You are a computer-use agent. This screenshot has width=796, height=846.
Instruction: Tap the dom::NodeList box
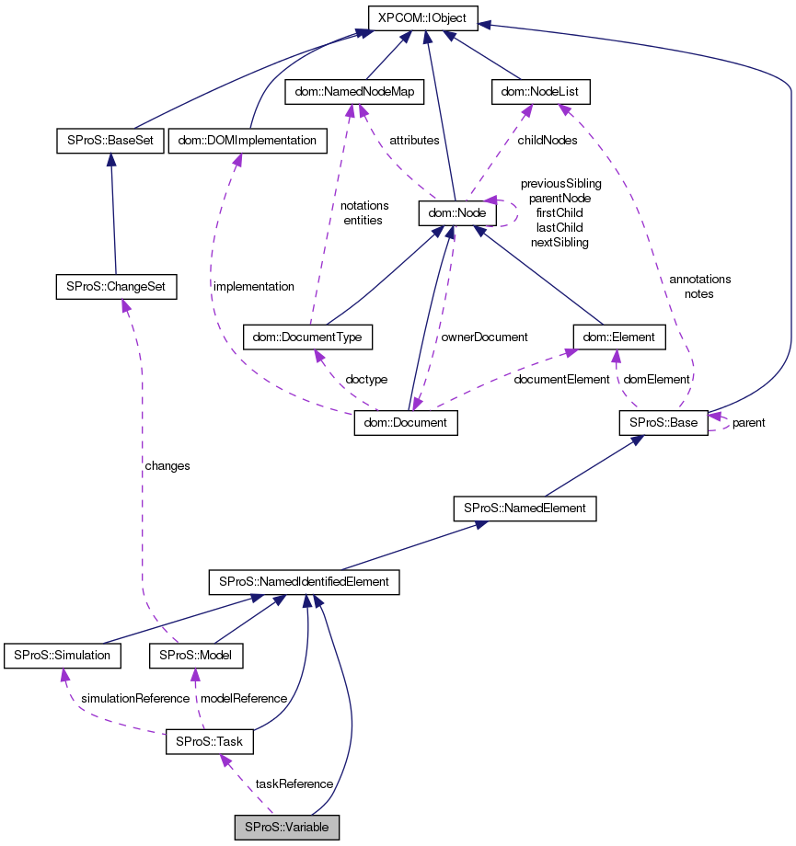539,92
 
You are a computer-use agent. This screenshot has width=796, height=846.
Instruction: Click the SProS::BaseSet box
110,142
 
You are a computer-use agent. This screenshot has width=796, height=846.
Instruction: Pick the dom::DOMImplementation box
248,142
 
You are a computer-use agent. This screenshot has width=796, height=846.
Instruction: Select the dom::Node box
457,213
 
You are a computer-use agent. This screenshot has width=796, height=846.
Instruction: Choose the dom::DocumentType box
307,337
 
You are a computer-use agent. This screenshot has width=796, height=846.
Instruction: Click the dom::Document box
406,423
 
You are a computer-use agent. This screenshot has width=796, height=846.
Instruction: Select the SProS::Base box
662,423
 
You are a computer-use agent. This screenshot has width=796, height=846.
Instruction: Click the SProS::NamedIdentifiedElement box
304,581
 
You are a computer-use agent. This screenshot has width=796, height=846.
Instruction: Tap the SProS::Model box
195,656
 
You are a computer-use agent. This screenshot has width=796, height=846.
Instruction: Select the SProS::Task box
209,742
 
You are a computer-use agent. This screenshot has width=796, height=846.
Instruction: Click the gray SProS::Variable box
287,827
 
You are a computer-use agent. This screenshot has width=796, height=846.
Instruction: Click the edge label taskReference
294,784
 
